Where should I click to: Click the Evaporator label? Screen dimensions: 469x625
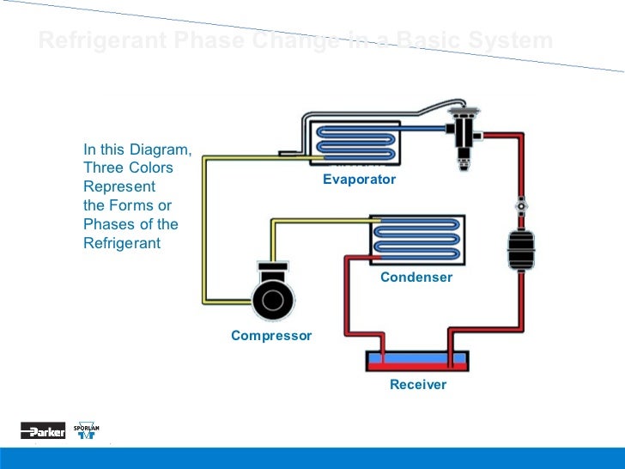[359, 180]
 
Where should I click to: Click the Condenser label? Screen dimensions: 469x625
[416, 277]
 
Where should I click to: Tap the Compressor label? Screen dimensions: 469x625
[271, 335]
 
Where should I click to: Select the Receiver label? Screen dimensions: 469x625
[418, 385]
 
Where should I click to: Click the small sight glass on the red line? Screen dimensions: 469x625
[520, 207]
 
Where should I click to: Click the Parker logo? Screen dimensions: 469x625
[43, 431]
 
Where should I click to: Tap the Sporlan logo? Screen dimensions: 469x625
[86, 431]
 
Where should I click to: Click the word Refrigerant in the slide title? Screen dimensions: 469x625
[95, 40]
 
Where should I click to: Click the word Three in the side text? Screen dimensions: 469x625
[101, 167]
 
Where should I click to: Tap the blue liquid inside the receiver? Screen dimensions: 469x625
[417, 356]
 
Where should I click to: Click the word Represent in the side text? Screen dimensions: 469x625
[119, 186]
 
